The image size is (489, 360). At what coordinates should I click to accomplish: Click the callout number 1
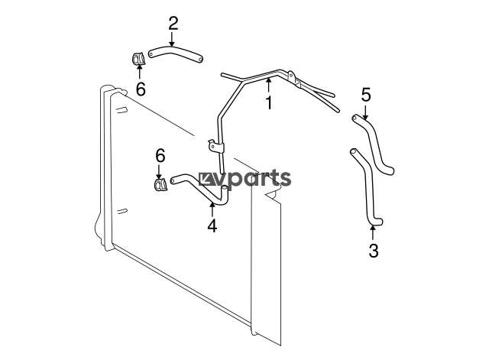[x=268, y=102]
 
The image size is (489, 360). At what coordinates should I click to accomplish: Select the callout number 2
[x=173, y=24]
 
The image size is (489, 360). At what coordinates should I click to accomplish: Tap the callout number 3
[x=374, y=251]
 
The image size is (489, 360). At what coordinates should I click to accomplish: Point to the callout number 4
[x=212, y=225]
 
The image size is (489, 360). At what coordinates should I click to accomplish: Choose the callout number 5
[x=366, y=95]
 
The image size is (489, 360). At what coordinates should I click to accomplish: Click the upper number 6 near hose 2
[x=141, y=89]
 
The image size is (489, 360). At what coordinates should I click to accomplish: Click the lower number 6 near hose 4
[x=160, y=156]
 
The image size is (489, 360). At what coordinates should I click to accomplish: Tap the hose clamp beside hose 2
[x=138, y=59]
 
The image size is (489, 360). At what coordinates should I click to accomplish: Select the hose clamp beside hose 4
[x=160, y=183]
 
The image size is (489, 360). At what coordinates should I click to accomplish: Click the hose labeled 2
[x=175, y=51]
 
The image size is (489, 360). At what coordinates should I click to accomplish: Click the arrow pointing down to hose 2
[x=171, y=39]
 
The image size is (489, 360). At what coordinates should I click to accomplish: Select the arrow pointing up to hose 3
[x=372, y=233]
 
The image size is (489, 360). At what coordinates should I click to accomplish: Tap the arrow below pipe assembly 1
[x=268, y=86]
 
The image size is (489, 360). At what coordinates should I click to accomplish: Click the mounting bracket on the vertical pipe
[x=215, y=146]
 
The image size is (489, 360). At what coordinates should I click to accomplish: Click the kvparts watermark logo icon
[x=206, y=179]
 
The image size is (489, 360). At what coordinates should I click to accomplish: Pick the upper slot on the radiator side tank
[x=122, y=109]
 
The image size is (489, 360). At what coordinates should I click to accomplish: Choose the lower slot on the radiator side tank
[x=122, y=211]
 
